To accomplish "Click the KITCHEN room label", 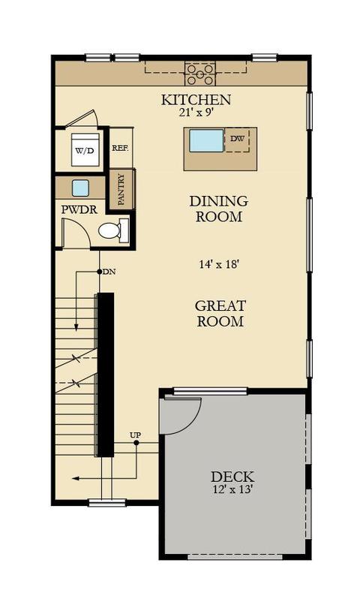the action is (x=196, y=100).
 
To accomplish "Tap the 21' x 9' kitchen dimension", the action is (x=196, y=112).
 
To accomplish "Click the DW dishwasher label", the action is (x=237, y=139).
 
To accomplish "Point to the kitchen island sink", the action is (x=206, y=140).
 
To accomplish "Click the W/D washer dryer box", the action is (x=85, y=149).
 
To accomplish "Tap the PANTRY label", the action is (x=121, y=189).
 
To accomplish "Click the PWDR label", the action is (x=79, y=210).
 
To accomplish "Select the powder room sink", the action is (x=80, y=188).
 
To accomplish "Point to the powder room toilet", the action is (x=113, y=230).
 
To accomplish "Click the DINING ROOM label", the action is (x=219, y=209).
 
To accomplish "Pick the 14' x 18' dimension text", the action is (x=219, y=264).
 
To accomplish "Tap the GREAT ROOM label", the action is (x=220, y=313).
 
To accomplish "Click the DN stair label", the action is (x=109, y=272).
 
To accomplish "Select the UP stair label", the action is (x=135, y=435).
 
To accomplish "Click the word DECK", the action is (x=232, y=477).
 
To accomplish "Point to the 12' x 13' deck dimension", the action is (x=232, y=489).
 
